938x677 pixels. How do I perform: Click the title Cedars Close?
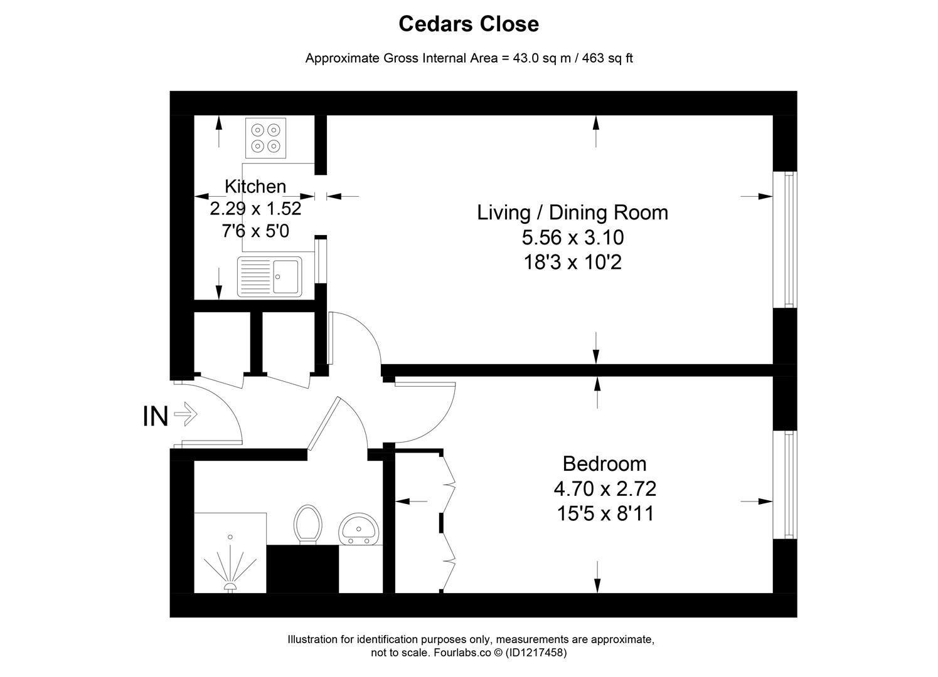pyautogui.click(x=469, y=24)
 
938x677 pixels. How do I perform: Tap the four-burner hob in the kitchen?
pyautogui.click(x=264, y=138)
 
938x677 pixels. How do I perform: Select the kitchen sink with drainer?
pyautogui.click(x=269, y=276)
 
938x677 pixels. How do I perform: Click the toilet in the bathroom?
pyautogui.click(x=307, y=524)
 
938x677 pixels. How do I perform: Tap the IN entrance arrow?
pyautogui.click(x=186, y=414)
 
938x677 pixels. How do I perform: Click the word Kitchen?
pyautogui.click(x=255, y=186)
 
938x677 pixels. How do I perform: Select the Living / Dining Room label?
pyautogui.click(x=572, y=213)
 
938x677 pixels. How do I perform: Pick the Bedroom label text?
pyautogui.click(x=604, y=464)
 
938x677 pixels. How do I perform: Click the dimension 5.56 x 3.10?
pyautogui.click(x=572, y=238)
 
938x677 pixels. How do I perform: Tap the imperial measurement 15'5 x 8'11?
pyautogui.click(x=605, y=514)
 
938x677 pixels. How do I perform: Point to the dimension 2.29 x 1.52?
pyautogui.click(x=255, y=208)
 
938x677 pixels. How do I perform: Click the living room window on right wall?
pyautogui.click(x=785, y=239)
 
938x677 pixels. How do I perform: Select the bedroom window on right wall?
pyautogui.click(x=785, y=484)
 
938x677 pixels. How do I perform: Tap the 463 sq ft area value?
pyautogui.click(x=607, y=58)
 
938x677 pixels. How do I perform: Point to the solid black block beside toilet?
pyautogui.click(x=302, y=569)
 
